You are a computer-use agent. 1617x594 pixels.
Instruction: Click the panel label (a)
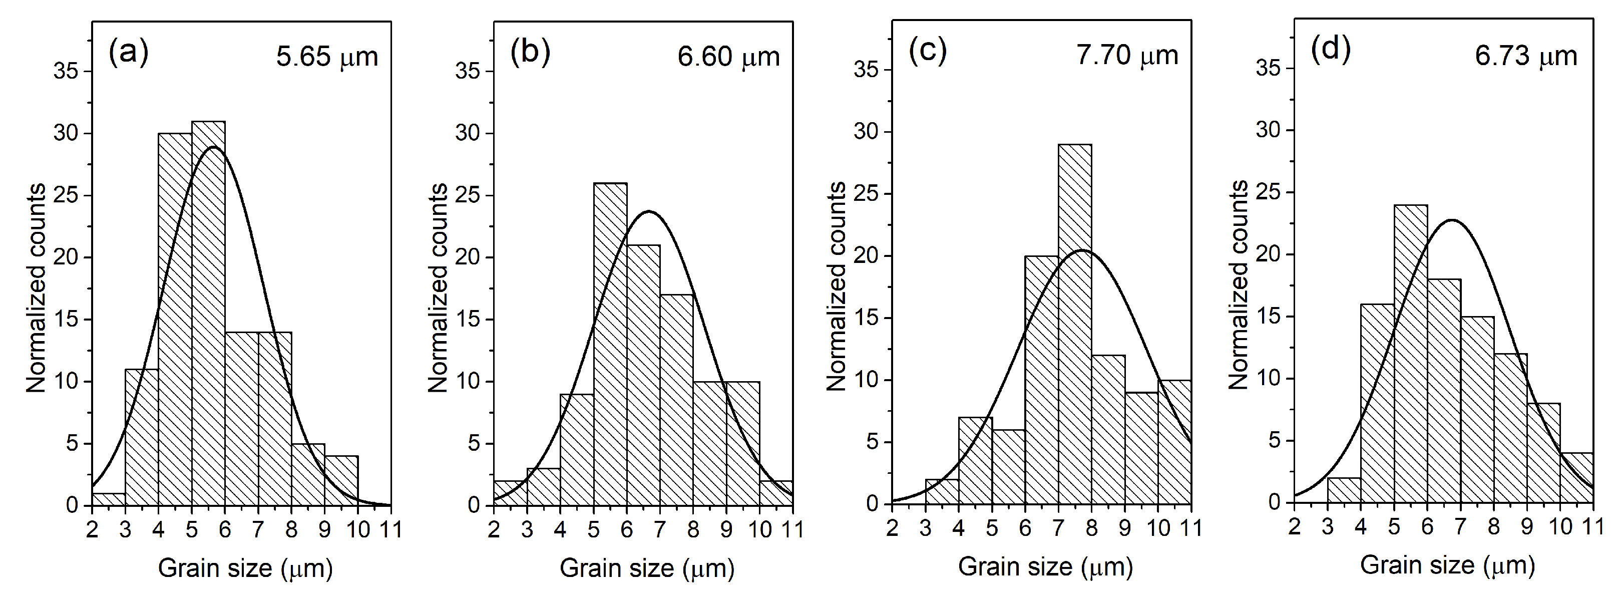(x=128, y=52)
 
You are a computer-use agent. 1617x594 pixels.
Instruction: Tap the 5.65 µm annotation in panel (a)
(x=327, y=57)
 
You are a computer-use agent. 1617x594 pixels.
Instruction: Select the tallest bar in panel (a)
(x=208, y=314)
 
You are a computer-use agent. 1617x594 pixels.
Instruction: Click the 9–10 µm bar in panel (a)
(x=341, y=480)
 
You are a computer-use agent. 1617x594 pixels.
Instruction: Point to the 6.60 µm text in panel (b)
(x=728, y=57)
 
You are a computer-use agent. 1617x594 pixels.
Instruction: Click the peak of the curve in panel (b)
(x=648, y=211)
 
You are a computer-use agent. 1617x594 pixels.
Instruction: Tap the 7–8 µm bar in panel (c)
(x=1075, y=324)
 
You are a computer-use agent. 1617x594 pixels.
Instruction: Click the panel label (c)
(x=927, y=51)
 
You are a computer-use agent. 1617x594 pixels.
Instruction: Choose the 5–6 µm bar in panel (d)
(x=1410, y=354)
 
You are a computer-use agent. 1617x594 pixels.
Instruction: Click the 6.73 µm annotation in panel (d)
(x=1525, y=56)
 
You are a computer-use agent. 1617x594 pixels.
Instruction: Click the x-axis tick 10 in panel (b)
(x=759, y=529)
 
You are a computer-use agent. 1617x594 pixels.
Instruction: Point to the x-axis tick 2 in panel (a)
(x=92, y=529)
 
